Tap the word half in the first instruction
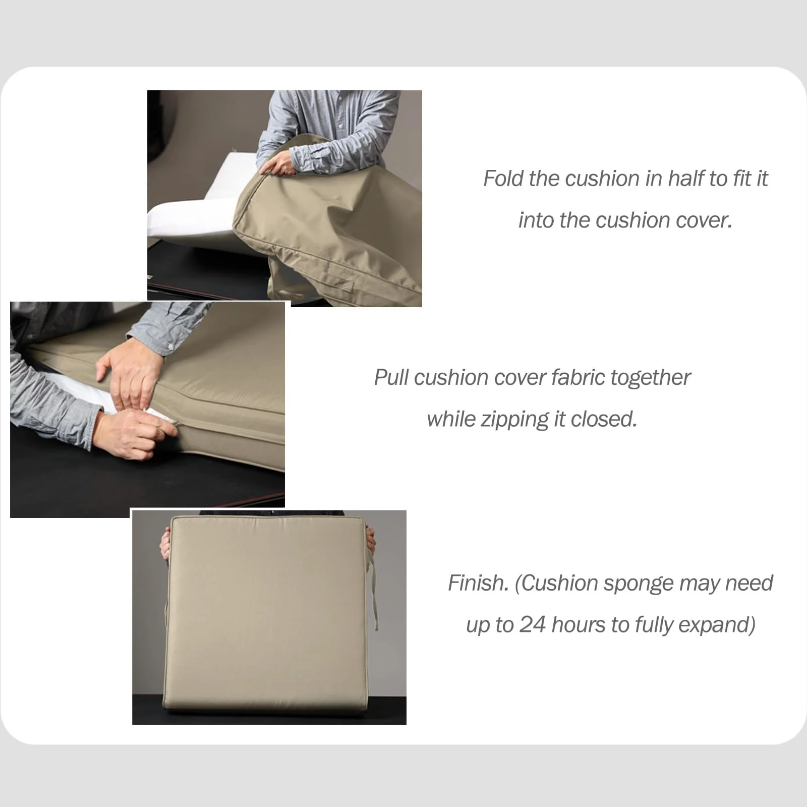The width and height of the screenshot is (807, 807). click(x=687, y=179)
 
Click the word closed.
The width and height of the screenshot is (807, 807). click(x=604, y=419)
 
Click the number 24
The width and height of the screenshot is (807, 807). click(x=533, y=625)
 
